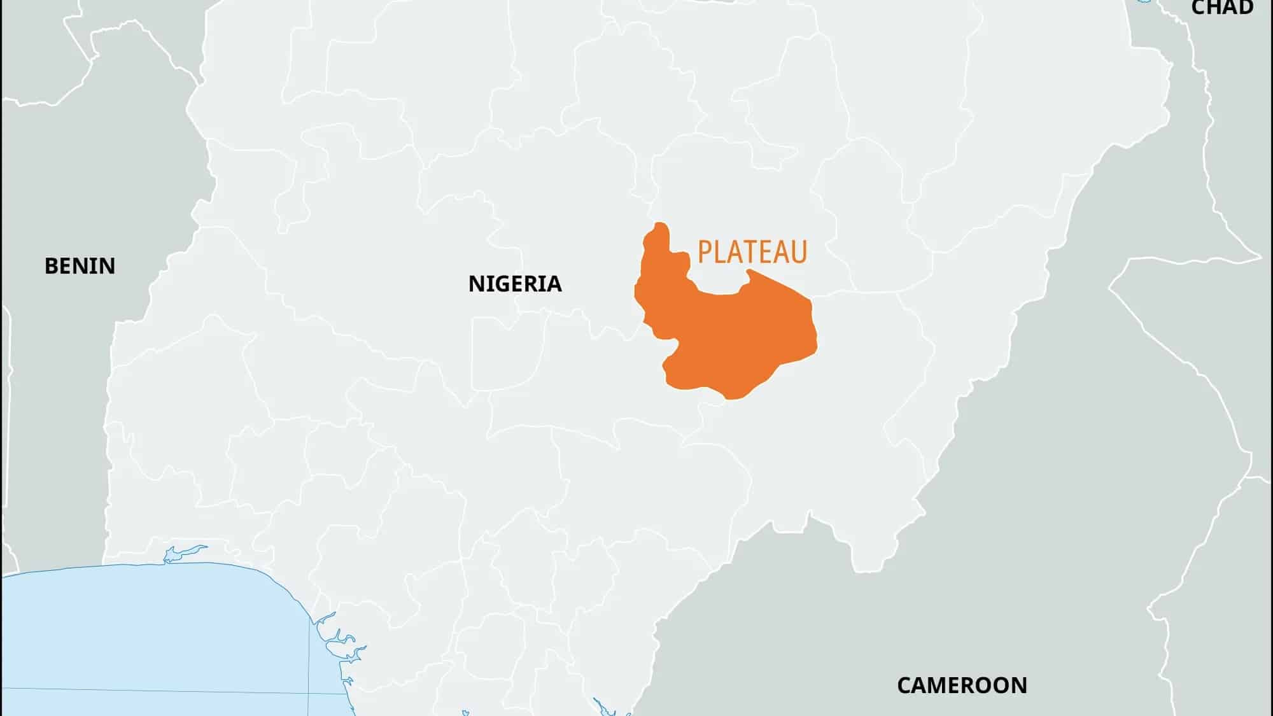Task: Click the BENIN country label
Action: tap(80, 265)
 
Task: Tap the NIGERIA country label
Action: tap(515, 283)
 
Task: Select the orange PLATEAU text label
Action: tap(752, 252)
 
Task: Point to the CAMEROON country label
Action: tap(962, 685)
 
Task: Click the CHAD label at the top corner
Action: tap(1221, 8)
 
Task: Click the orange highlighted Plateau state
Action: tap(738, 337)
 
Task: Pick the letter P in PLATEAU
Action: tap(705, 252)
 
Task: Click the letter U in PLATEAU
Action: tap(799, 252)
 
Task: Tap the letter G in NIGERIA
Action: tap(502, 283)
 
